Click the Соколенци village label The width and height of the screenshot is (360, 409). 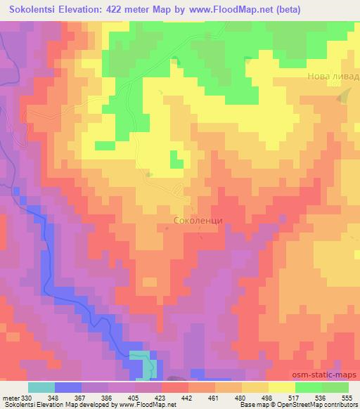[x=198, y=220]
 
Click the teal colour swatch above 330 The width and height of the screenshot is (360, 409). [x=41, y=387]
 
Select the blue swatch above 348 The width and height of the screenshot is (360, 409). [x=67, y=387]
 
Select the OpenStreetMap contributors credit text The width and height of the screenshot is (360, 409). [x=323, y=405]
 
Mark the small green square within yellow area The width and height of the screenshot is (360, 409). [x=104, y=145]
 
